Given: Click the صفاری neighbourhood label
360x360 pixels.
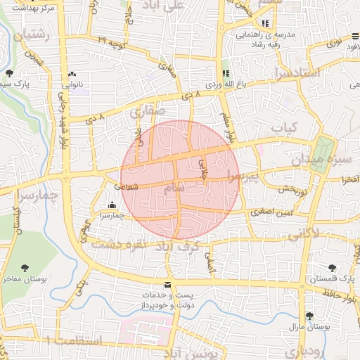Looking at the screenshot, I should click(147, 110).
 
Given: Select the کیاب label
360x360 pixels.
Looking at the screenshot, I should click(285, 128).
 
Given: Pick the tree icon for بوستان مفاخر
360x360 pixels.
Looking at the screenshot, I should click(26, 267).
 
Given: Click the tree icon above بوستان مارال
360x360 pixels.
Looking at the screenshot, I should click(309, 316).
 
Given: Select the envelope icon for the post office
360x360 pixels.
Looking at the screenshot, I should click(167, 284).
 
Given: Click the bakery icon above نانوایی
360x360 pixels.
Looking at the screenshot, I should click(72, 74).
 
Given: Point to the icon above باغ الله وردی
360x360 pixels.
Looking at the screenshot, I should click(226, 73).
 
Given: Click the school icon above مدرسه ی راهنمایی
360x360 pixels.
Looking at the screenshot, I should click(264, 23).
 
